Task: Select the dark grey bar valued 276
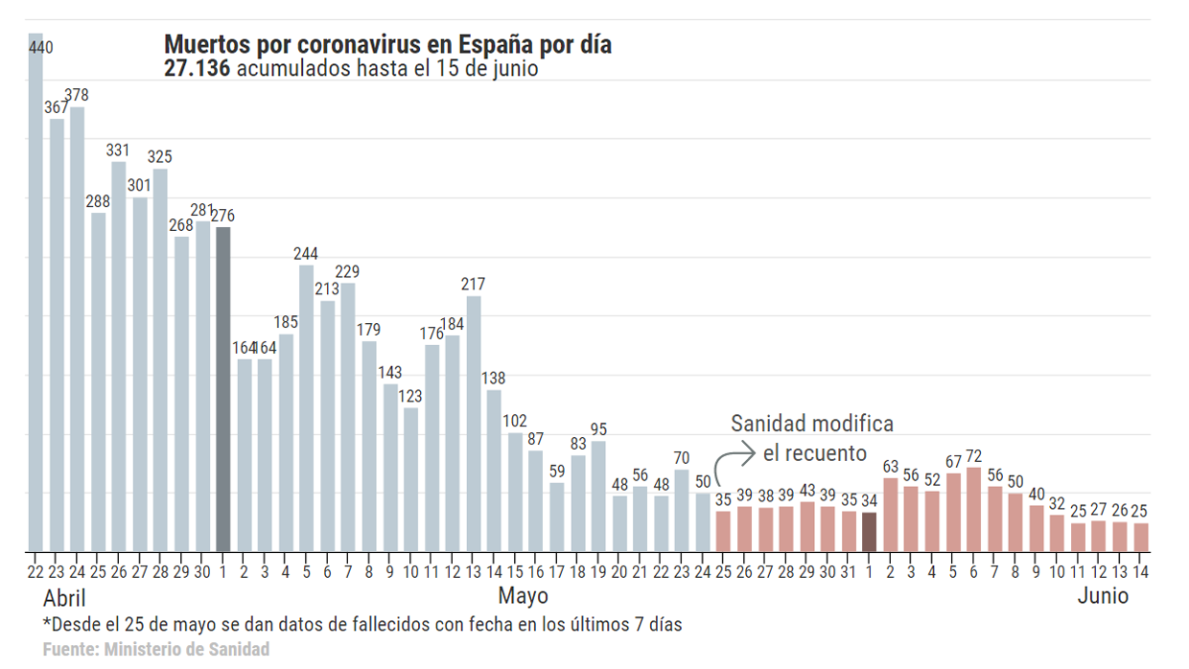point(223,389)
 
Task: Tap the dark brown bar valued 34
point(869,532)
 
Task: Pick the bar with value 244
point(306,408)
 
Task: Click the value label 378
point(77,95)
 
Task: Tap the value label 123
point(410,396)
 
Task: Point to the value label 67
point(952,461)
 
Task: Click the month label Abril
point(65,597)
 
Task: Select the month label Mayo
point(523,596)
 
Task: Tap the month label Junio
point(1103,596)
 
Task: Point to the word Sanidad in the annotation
point(768,423)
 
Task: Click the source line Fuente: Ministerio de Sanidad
point(156,650)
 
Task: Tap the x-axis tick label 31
point(848,572)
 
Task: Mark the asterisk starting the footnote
point(47,622)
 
